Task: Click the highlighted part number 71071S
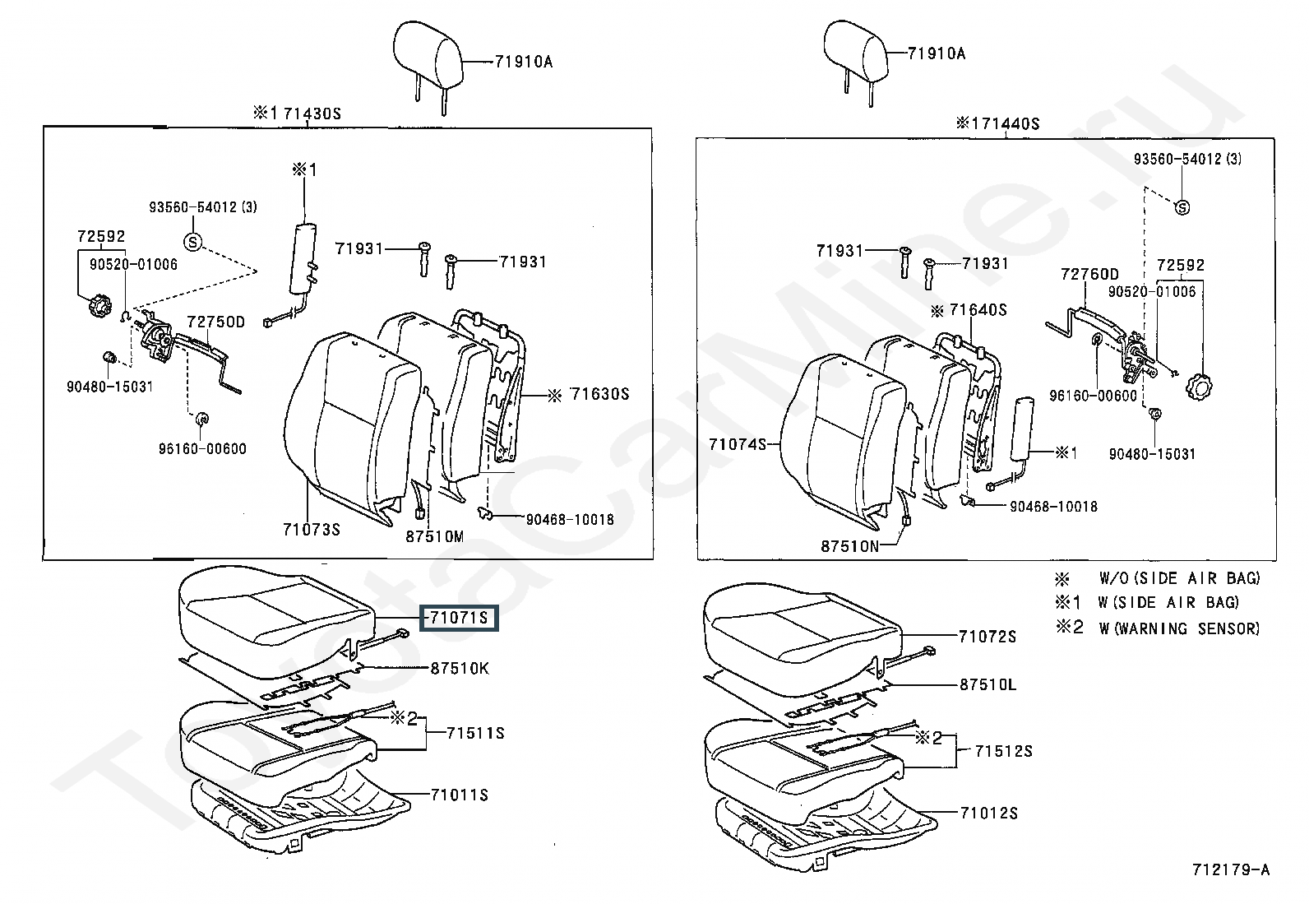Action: pyautogui.click(x=459, y=618)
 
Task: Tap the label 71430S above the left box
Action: pyautogui.click(x=312, y=114)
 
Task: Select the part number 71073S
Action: pyautogui.click(x=312, y=530)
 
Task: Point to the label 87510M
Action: pyautogui.click(x=435, y=537)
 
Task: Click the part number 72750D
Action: pyautogui.click(x=215, y=322)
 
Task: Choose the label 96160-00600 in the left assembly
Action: pyautogui.click(x=202, y=449)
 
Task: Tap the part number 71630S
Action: pyautogui.click(x=600, y=394)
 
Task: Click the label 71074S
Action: pyautogui.click(x=738, y=444)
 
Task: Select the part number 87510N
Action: pyautogui.click(x=849, y=546)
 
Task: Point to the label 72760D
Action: pyautogui.click(x=1089, y=274)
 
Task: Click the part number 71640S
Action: pyautogui.click(x=978, y=310)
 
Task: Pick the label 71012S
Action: pyautogui.click(x=989, y=813)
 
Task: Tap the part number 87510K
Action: pyautogui.click(x=460, y=669)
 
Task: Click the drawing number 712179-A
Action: pyautogui.click(x=1231, y=869)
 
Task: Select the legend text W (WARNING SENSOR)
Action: pyautogui.click(x=1179, y=628)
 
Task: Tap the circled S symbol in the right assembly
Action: pyautogui.click(x=1182, y=207)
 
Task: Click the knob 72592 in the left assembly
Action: pyautogui.click(x=97, y=306)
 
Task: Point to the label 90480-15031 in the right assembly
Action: pyautogui.click(x=1153, y=454)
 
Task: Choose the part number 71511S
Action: pyautogui.click(x=475, y=733)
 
